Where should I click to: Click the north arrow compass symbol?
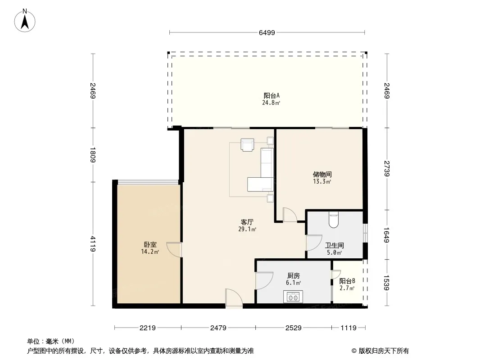[25, 21]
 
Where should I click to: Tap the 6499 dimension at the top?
[267, 33]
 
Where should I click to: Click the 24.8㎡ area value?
[271, 103]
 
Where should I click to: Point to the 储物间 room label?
[322, 174]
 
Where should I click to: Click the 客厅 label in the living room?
[247, 222]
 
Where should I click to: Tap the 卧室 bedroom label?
[150, 245]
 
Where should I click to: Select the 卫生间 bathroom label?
[334, 246]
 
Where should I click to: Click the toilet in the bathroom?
[333, 220]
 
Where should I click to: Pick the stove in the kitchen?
[293, 297]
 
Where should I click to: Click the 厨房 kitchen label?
[293, 275]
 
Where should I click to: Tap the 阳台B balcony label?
[347, 281]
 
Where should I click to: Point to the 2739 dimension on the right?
[387, 169]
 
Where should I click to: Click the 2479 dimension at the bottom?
[218, 328]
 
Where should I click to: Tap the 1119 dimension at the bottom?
[349, 328]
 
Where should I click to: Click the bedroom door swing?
[174, 250]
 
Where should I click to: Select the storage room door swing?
[290, 215]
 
